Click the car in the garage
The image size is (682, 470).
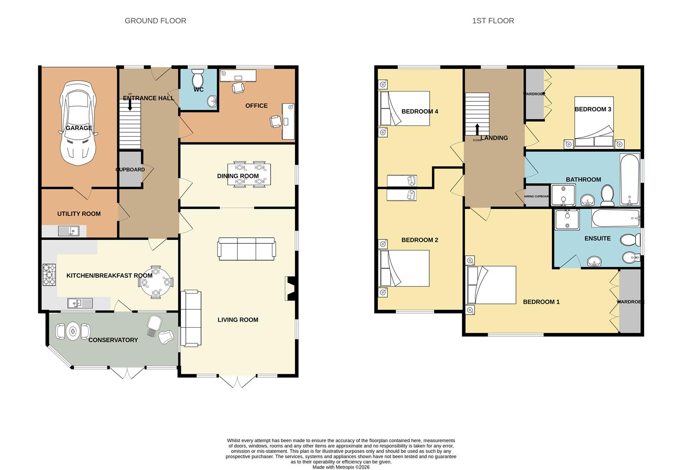pos(78,124)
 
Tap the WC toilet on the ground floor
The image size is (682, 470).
pos(198,78)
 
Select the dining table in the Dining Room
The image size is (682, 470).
pos(249,175)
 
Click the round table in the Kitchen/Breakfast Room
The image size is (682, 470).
pos(155,282)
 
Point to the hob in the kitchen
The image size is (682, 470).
pos(49,275)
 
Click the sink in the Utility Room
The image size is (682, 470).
pos(69,231)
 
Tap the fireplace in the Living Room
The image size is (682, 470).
pos(291,289)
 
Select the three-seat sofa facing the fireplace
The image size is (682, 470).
pos(247,249)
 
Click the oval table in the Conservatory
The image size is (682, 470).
pos(73,331)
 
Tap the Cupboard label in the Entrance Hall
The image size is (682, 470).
pos(130,170)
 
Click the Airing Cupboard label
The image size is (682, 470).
pos(537,197)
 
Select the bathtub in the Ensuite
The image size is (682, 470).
pos(615,218)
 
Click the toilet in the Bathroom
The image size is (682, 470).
pos(607,195)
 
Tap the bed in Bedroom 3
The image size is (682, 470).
pos(594,122)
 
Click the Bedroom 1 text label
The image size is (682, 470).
pos(541,302)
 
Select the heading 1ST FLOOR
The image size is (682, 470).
pos(493,21)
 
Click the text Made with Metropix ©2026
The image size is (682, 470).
pos(341,467)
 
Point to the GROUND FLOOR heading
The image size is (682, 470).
pos(155,21)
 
